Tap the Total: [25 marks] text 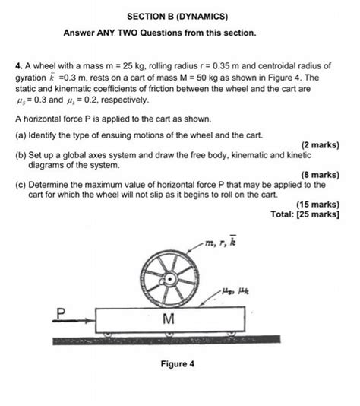coord(304,214)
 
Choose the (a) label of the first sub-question coord(21,135)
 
